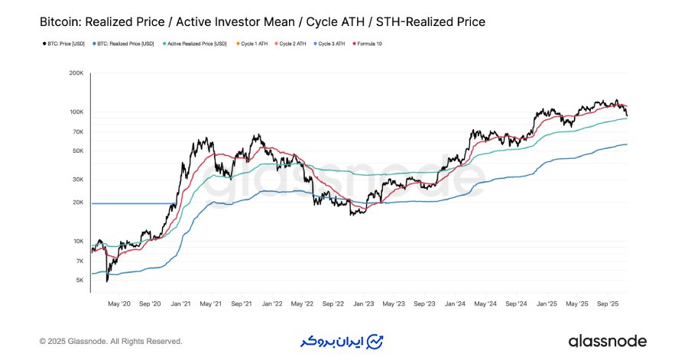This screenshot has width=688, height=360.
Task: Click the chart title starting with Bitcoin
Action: click(262, 22)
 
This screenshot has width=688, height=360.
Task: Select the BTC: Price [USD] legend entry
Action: click(63, 44)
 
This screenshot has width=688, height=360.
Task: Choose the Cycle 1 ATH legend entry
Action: click(255, 44)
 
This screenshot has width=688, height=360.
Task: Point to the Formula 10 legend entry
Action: click(368, 44)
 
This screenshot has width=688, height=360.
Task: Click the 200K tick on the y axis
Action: click(76, 73)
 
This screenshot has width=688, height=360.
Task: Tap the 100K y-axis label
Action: click(76, 112)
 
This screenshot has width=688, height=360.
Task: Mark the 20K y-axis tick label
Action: click(77, 203)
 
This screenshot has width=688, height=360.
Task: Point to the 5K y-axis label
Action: click(80, 280)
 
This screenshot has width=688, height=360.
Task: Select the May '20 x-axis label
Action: click(120, 303)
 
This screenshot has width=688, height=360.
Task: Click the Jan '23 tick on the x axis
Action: click(363, 303)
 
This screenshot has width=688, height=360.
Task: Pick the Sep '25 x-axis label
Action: click(608, 303)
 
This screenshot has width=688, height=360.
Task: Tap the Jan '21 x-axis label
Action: click(180, 303)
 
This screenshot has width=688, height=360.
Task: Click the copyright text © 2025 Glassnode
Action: click(111, 341)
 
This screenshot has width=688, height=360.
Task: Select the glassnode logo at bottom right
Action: click(607, 341)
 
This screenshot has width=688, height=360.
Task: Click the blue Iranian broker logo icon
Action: click(375, 340)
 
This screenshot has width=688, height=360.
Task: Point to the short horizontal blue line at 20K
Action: click(129, 203)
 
